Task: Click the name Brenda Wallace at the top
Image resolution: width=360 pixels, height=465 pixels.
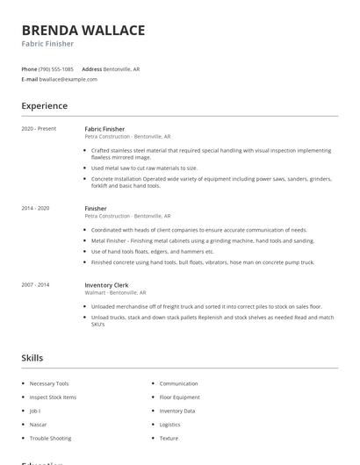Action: pyautogui.click(x=83, y=31)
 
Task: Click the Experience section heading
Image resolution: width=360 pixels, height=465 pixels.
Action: pyautogui.click(x=44, y=106)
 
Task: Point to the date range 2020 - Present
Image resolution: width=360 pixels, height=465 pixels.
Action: pyautogui.click(x=39, y=129)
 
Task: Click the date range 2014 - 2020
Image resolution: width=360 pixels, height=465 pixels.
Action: pyautogui.click(x=36, y=208)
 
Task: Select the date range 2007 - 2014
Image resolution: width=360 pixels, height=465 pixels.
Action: pyautogui.click(x=36, y=284)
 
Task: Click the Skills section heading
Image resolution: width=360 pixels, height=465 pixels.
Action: pyautogui.click(x=32, y=358)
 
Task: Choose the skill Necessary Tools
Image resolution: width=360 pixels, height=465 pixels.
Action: pyautogui.click(x=48, y=383)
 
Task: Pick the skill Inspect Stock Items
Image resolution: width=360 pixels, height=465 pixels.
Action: pyautogui.click(x=53, y=397)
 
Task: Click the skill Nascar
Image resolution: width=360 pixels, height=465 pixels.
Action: pyautogui.click(x=38, y=424)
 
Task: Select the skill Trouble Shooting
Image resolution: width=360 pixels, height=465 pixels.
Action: pyautogui.click(x=50, y=438)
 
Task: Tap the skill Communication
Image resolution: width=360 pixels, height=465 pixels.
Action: pyautogui.click(x=178, y=383)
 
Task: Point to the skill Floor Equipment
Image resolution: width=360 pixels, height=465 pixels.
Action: pyautogui.click(x=179, y=397)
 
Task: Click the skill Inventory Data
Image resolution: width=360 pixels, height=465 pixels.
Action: pyautogui.click(x=177, y=411)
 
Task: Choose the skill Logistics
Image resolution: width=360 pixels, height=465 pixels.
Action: pyautogui.click(x=169, y=424)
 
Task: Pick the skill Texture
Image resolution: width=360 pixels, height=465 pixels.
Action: pyautogui.click(x=169, y=438)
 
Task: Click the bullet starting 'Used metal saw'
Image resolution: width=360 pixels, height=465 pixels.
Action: pyautogui.click(x=144, y=168)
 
